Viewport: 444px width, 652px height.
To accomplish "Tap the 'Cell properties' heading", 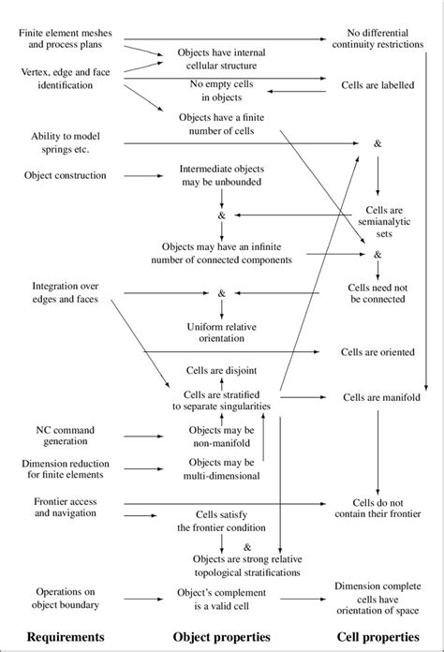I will [379, 641].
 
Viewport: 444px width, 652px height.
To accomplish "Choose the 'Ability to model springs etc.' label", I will [58, 141].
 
